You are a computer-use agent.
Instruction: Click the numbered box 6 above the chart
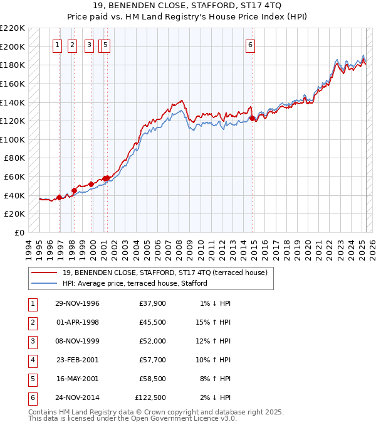tap(250, 45)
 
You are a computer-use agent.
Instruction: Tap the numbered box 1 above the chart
tap(57, 45)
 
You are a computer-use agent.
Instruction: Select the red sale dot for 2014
tap(252, 118)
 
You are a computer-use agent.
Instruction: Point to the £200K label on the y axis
tap(13, 46)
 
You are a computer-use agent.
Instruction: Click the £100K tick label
tap(13, 139)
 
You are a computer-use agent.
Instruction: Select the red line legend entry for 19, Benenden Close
tap(165, 273)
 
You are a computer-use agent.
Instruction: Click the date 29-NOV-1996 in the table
tap(77, 304)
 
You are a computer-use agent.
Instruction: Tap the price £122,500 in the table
tap(150, 397)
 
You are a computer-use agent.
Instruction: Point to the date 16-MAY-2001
tap(77, 379)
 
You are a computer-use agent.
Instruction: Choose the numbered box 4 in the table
tap(32, 360)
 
